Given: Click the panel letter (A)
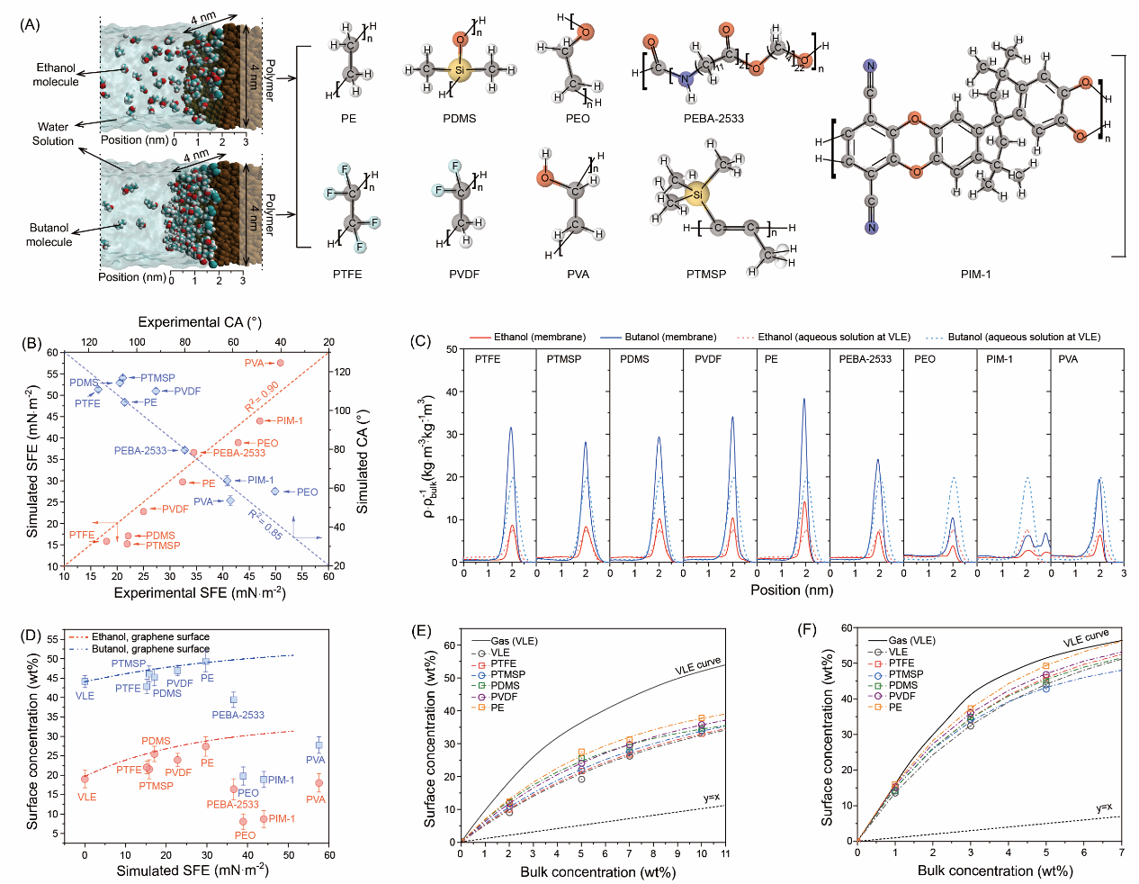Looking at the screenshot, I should [x=30, y=24].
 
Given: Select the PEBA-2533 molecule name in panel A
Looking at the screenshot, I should [x=713, y=119].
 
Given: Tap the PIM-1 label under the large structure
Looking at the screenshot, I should [x=975, y=274].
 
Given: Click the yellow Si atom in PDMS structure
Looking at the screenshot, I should [x=459, y=69].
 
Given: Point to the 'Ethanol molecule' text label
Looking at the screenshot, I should [x=56, y=75].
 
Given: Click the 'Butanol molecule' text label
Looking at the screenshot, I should [x=49, y=235].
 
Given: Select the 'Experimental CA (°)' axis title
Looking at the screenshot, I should [x=200, y=322].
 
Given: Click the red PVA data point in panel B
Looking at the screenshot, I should [x=280, y=363].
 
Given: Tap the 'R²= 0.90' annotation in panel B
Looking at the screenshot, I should [x=262, y=396].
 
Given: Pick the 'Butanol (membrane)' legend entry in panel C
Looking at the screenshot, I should [x=670, y=338].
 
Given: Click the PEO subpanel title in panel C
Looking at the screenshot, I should [x=924, y=359].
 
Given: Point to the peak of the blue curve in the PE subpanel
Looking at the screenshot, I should [x=803, y=399].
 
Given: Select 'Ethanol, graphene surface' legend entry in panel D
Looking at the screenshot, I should [x=150, y=636].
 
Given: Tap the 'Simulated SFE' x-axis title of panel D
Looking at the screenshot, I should [x=192, y=870].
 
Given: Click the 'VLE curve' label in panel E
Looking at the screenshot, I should [x=697, y=667].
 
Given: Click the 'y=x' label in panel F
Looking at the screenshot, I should [x=1104, y=807].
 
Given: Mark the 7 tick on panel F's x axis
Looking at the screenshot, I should [x=1121, y=852].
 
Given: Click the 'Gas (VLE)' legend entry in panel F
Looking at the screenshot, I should [x=911, y=641].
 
